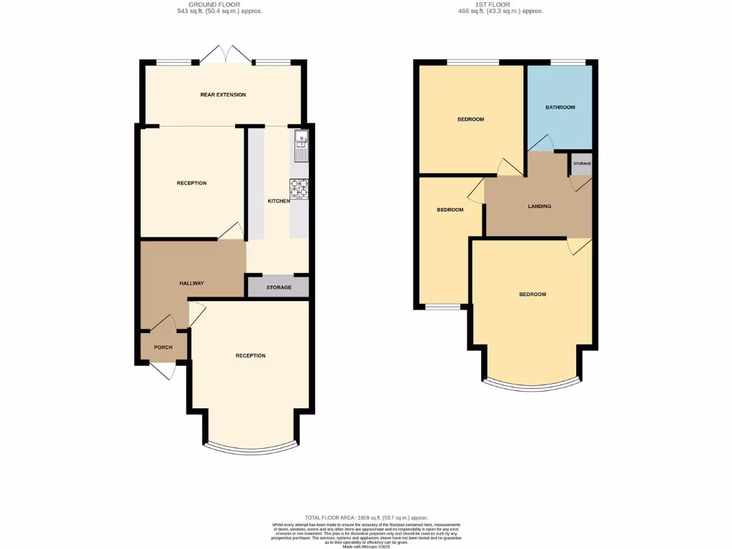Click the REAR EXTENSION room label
click(x=223, y=94)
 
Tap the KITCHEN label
click(x=279, y=202)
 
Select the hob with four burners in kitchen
click(x=299, y=188)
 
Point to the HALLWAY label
click(x=192, y=283)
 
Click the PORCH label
click(x=164, y=348)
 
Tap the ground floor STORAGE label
click(x=279, y=287)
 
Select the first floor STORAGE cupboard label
click(x=582, y=164)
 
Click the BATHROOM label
click(x=560, y=107)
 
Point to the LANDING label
click(x=539, y=207)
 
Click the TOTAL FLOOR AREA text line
click(x=366, y=518)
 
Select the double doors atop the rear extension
click(x=224, y=54)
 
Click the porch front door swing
click(x=162, y=370)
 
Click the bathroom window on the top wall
click(x=568, y=62)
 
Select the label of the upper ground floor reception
click(x=192, y=183)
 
